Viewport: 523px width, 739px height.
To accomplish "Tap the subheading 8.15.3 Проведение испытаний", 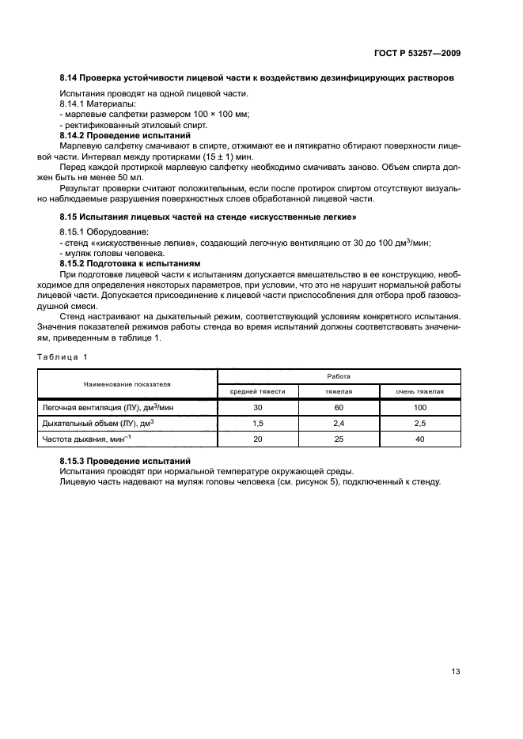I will pyautogui.click(x=125, y=460).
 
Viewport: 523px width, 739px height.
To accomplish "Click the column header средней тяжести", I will pyautogui.click(x=257, y=391).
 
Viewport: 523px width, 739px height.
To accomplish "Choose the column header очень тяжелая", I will pyautogui.click(x=420, y=391).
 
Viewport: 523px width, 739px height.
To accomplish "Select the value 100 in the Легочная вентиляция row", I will pyautogui.click(x=420, y=408).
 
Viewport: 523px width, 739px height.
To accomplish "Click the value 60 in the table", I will pyautogui.click(x=339, y=408).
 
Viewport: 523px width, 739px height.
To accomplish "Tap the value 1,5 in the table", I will pyautogui.click(x=257, y=424).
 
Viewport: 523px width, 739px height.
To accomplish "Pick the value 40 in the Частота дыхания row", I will pyautogui.click(x=420, y=439).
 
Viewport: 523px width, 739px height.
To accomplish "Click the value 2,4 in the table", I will pyautogui.click(x=339, y=424).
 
